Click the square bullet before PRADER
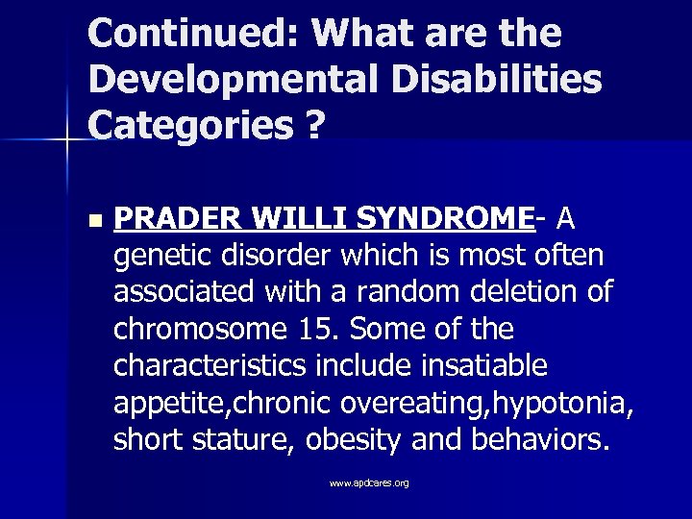click(x=92, y=221)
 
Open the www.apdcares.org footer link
click(x=369, y=482)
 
